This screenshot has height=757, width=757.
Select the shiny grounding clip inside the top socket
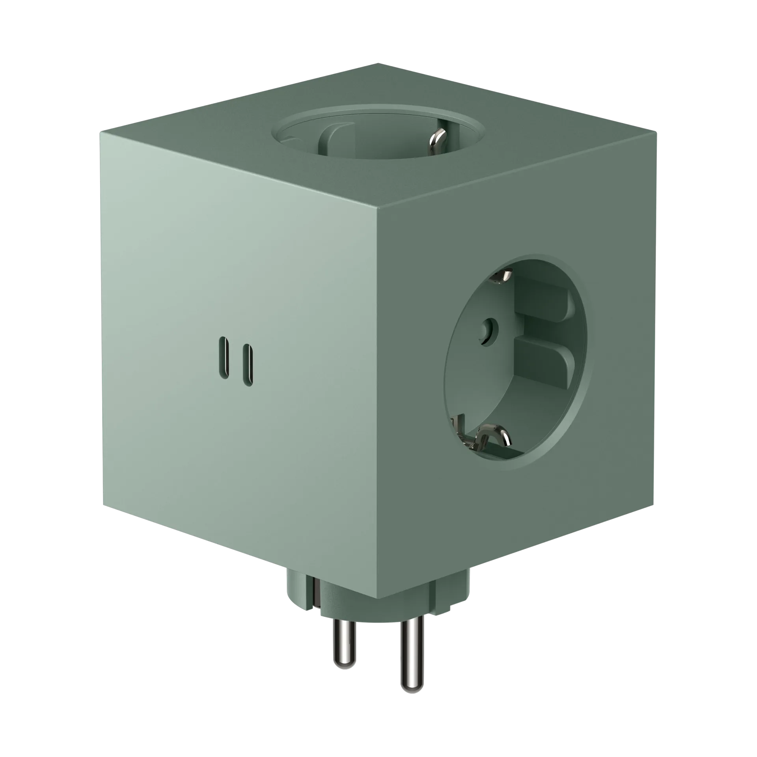[436, 142]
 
